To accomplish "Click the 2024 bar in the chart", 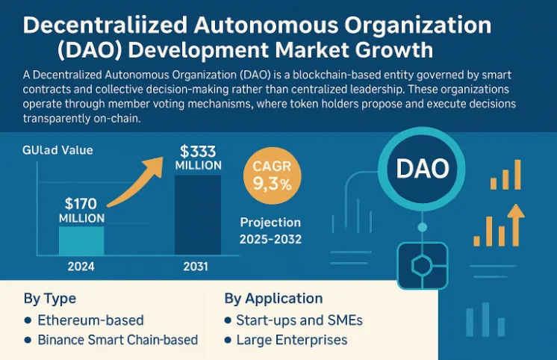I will point(81,240).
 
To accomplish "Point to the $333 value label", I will point(198,149).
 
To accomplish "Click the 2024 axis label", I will point(81,267).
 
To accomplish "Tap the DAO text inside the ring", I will point(422,170).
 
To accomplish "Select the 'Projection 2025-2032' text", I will point(270,230).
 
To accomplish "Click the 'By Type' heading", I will point(49,299).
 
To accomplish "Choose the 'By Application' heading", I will point(273,299).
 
